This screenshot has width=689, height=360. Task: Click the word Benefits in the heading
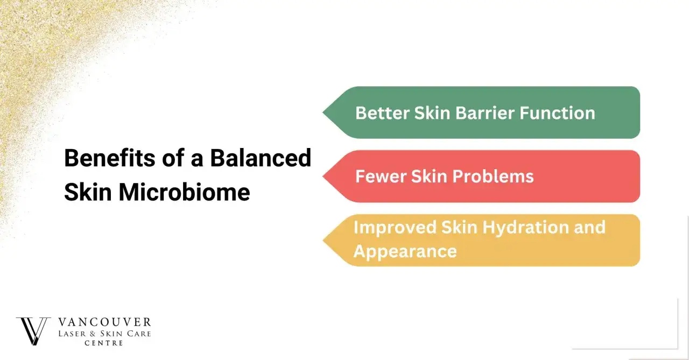tap(110, 158)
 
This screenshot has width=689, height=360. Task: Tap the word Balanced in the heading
tap(261, 158)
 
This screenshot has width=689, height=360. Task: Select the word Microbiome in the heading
tap(184, 192)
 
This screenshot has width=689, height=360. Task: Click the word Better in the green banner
tap(382, 113)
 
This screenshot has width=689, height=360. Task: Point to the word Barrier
tap(485, 113)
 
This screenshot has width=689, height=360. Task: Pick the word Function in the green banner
tap(557, 113)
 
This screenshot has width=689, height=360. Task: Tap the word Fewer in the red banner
tap(381, 177)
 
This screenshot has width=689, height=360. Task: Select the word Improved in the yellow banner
tap(395, 228)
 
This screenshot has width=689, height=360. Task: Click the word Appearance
tap(405, 252)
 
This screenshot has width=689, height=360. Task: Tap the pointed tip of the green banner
tap(323, 112)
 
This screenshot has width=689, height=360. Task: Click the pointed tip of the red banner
tap(323, 176)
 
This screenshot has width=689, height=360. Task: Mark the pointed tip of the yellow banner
tap(324, 241)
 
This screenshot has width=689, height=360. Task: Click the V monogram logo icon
tap(33, 331)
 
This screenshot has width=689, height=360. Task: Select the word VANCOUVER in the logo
tap(104, 322)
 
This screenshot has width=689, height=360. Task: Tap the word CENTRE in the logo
tap(104, 343)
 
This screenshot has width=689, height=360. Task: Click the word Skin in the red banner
tap(429, 177)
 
